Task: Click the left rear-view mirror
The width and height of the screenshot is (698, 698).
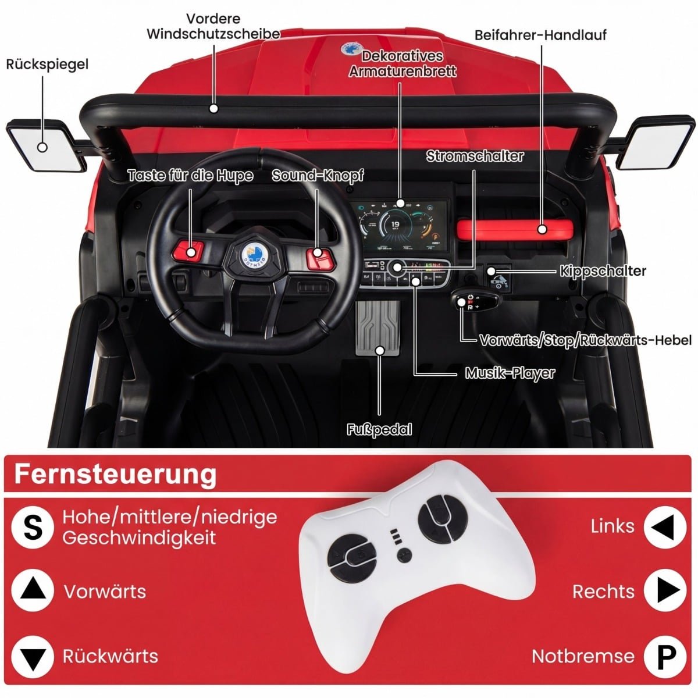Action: point(47,145)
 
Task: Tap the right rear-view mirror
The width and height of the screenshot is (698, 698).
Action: point(656,143)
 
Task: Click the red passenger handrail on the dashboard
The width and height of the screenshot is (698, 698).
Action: point(515,229)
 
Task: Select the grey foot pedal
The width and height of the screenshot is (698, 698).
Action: point(378,328)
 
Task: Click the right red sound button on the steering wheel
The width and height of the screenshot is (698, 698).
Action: point(320,258)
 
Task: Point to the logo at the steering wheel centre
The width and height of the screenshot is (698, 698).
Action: point(254,253)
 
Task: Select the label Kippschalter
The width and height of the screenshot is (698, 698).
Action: point(603,271)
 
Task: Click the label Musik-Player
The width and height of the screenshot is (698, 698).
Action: point(510,373)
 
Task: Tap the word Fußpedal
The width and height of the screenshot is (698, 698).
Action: point(379,430)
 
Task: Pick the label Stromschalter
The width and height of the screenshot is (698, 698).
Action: point(475,156)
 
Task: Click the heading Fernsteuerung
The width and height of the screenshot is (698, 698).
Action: point(116,475)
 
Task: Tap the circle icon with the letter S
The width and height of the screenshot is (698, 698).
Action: point(33,528)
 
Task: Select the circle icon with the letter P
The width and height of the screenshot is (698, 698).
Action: point(665,657)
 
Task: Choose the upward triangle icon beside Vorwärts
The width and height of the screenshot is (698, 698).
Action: point(33,590)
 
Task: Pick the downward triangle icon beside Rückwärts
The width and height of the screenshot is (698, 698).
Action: point(33,657)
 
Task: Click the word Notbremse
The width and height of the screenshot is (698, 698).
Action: point(583,656)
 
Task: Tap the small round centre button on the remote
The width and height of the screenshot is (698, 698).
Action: point(404,555)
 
